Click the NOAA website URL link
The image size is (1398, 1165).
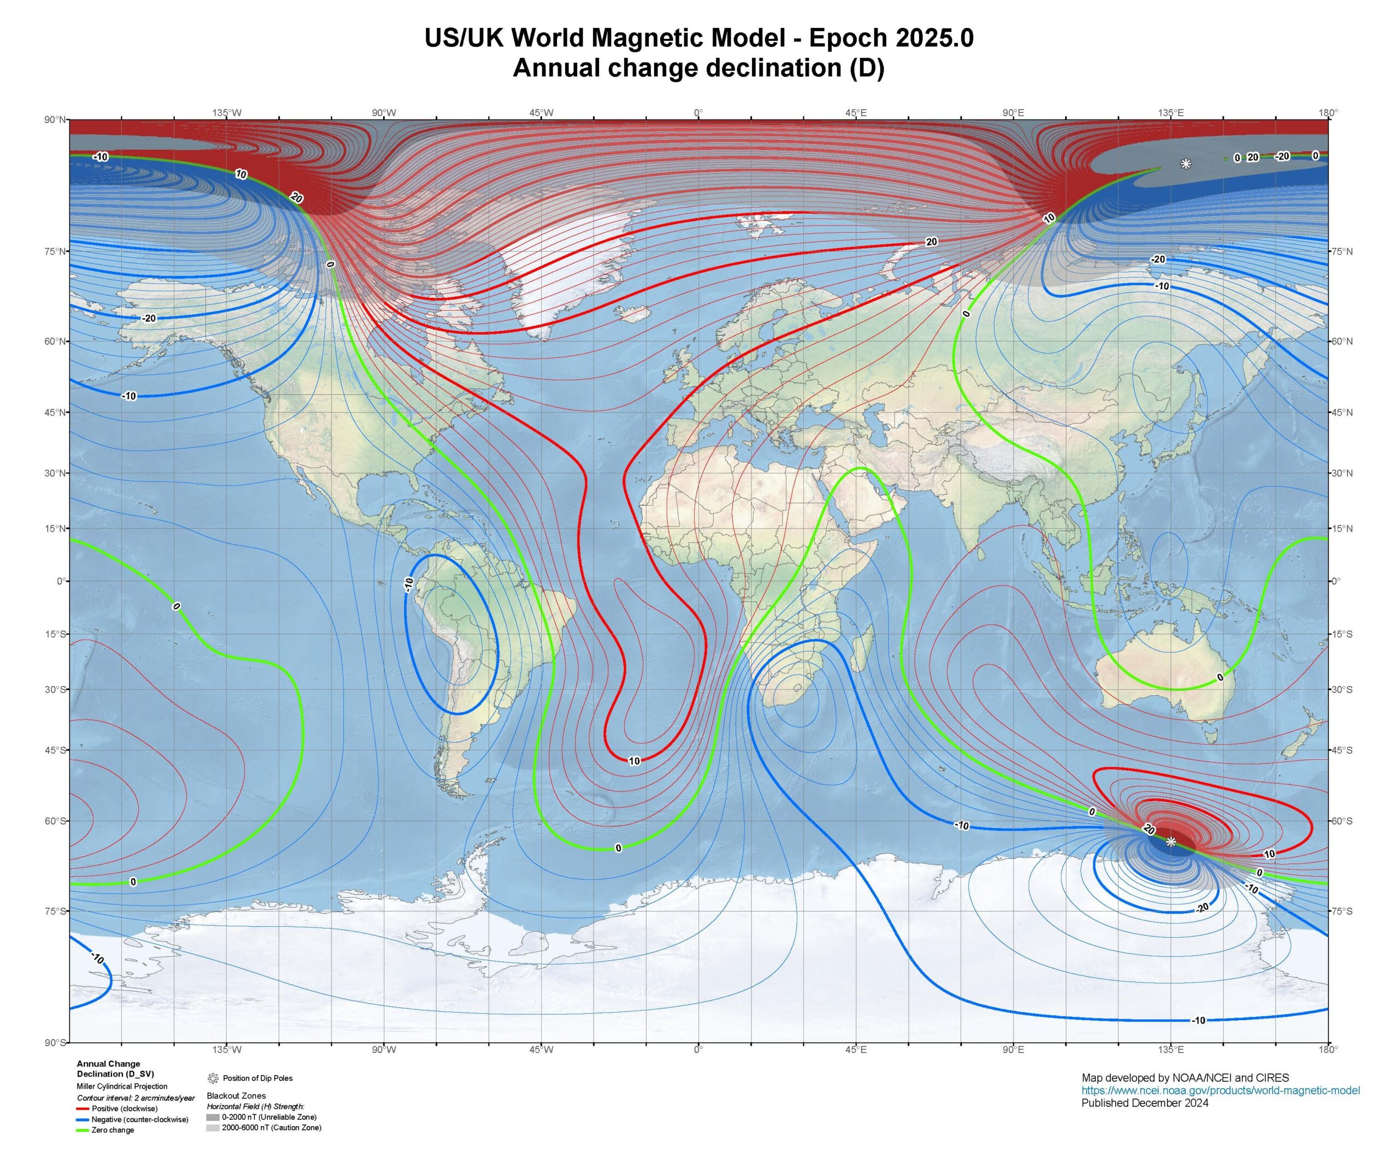[1221, 1090]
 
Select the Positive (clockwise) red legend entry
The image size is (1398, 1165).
[125, 1108]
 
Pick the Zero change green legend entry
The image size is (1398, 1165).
[112, 1129]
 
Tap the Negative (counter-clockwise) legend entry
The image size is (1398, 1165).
[140, 1119]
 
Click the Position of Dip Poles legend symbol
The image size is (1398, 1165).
[213, 1078]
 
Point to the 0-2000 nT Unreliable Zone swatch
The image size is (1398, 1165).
[213, 1116]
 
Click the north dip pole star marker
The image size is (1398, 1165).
[1186, 164]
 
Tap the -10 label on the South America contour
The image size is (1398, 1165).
[408, 584]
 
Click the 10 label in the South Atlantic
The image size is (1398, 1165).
[634, 761]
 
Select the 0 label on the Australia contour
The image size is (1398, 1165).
[1219, 678]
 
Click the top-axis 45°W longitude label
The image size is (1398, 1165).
[541, 113]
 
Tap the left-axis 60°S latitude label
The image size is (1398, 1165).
[56, 821]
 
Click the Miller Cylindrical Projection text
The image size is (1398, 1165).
[122, 1086]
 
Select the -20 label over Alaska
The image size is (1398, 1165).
[149, 318]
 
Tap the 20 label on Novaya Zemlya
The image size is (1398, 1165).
[931, 241]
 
